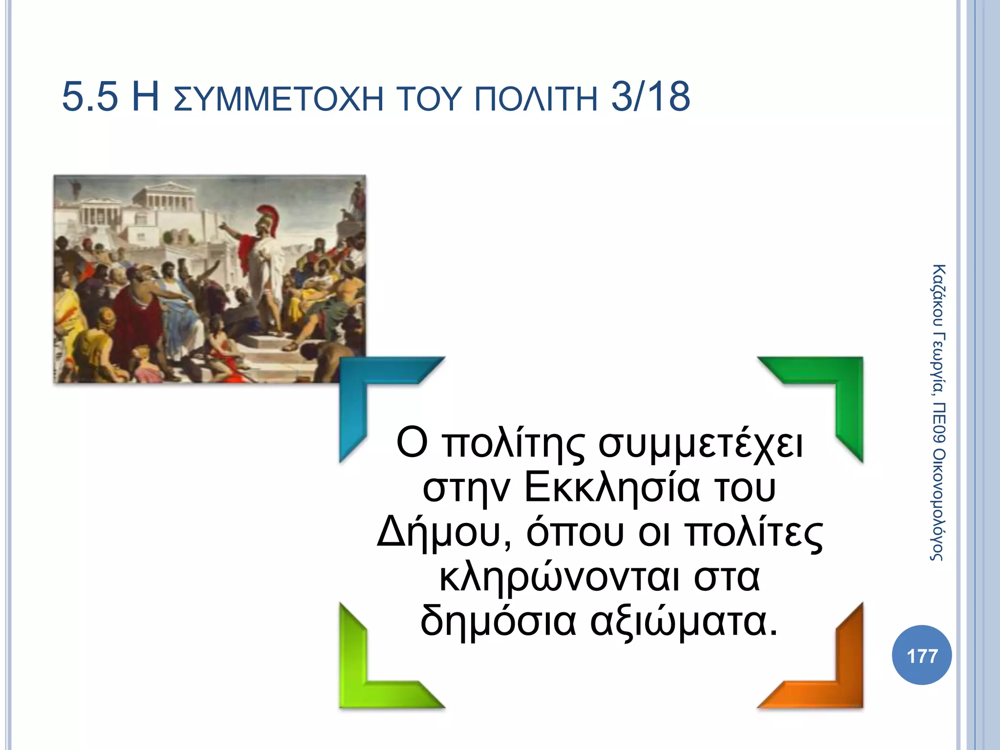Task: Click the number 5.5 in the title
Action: (x=90, y=97)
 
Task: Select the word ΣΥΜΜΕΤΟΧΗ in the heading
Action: (x=278, y=99)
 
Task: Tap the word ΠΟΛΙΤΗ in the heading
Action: (x=536, y=99)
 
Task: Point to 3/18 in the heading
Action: (x=650, y=97)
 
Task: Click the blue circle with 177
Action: (x=921, y=655)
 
